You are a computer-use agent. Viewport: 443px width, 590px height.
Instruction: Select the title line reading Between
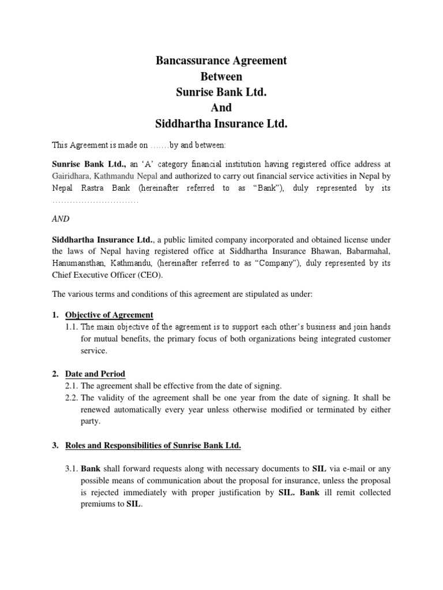[x=221, y=76]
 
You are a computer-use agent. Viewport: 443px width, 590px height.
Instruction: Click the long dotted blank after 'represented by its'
[x=95, y=201]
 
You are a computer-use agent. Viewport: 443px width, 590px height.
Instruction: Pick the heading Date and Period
[x=95, y=374]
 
